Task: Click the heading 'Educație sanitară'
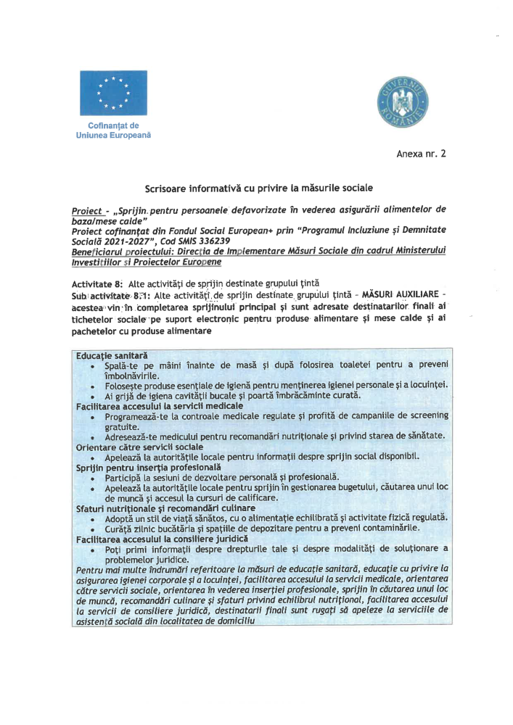click(112, 356)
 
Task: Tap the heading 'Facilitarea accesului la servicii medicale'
click(160, 406)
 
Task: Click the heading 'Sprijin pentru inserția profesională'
click(145, 468)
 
